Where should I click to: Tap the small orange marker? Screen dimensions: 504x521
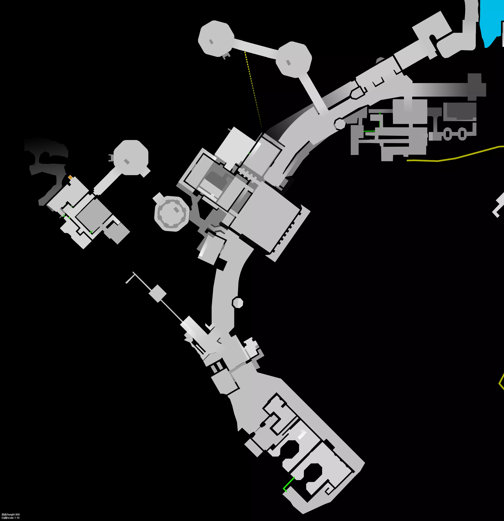(x=70, y=177)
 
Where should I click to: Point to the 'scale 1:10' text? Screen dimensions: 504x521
(x=13, y=518)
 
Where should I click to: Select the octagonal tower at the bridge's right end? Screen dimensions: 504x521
(x=293, y=60)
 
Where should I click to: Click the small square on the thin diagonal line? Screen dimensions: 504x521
(x=158, y=293)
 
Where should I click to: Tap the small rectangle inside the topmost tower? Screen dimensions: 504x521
(x=211, y=42)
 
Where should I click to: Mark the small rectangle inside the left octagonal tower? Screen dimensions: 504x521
(x=127, y=162)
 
